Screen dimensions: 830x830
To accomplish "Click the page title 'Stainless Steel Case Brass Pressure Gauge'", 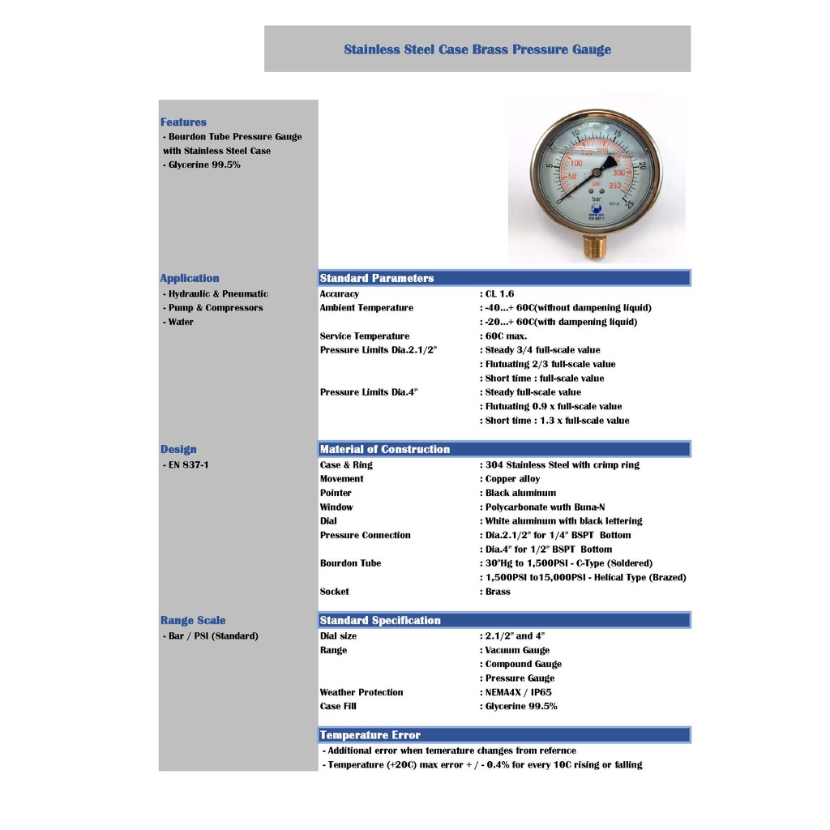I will click(477, 49).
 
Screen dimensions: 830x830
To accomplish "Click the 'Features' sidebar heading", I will click(183, 122).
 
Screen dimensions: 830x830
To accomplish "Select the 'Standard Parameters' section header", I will click(377, 278).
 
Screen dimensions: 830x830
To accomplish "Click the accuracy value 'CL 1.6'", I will click(499, 294).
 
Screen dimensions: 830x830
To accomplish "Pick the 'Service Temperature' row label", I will click(364, 336).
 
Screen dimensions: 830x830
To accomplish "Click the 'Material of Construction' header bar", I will click(385, 449).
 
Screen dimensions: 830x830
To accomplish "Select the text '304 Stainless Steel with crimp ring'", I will click(562, 465).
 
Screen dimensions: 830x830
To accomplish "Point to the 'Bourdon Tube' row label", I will click(350, 563).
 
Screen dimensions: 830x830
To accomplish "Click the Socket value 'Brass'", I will click(498, 592).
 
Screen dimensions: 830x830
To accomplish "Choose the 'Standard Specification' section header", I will click(380, 620).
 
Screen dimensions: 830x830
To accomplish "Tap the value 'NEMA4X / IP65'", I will click(518, 692).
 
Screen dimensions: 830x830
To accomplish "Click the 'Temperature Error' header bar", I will click(370, 735).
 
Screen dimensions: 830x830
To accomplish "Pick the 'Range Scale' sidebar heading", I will click(193, 620).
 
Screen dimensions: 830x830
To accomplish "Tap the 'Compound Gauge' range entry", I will click(523, 665).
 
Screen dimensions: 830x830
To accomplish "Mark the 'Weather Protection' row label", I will click(361, 692).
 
